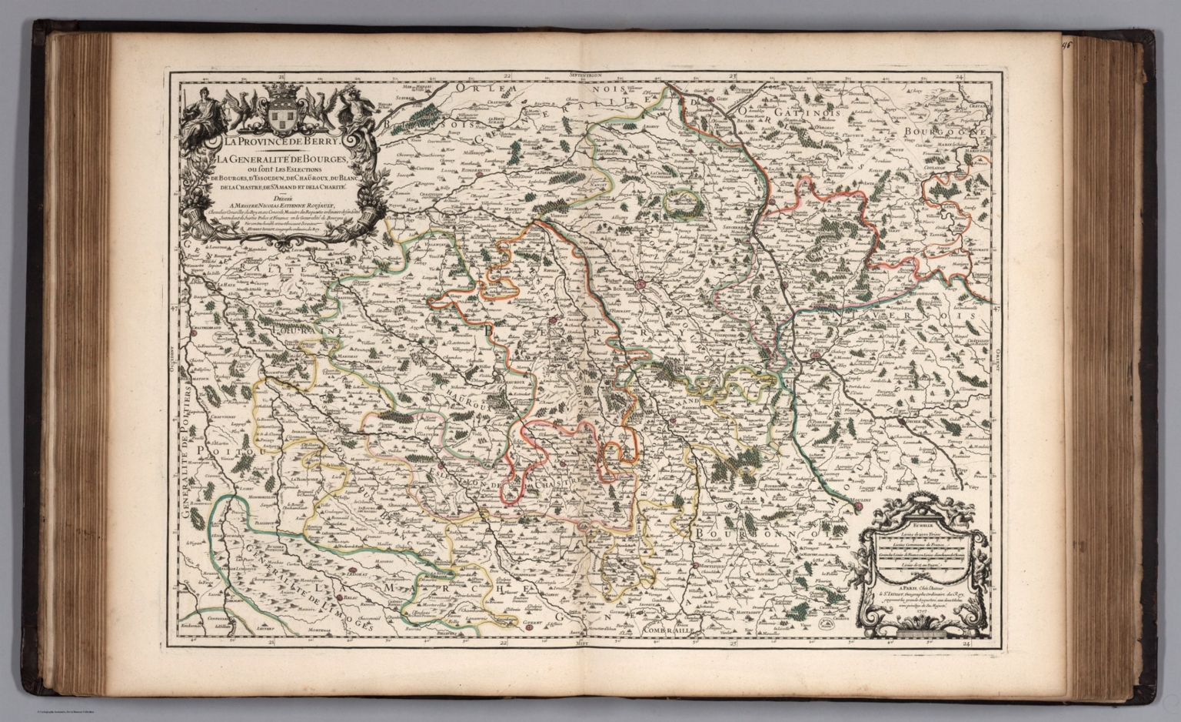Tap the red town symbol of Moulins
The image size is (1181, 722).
pyautogui.click(x=858, y=507)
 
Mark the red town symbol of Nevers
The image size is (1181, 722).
pyautogui.click(x=816, y=355)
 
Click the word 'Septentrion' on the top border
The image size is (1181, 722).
pyautogui.click(x=590, y=76)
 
